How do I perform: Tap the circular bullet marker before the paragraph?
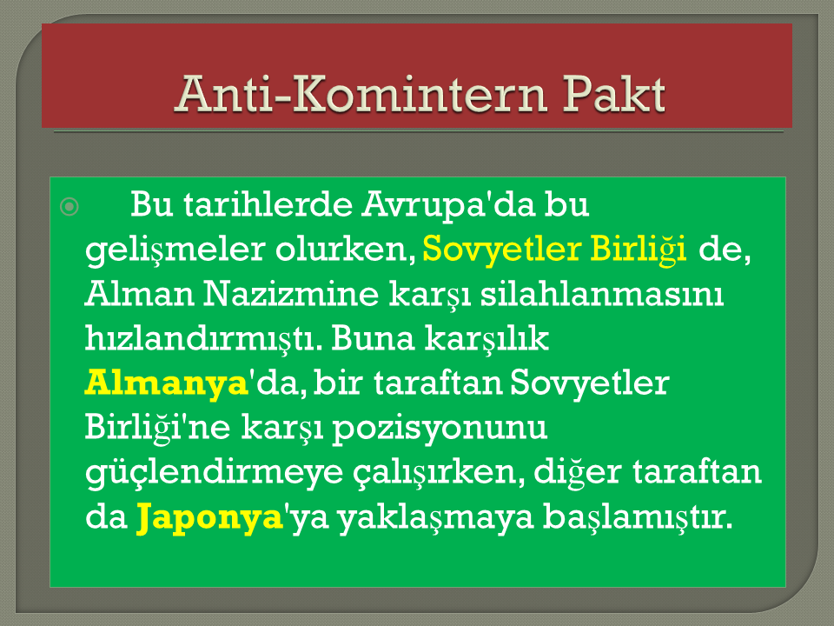[69, 206]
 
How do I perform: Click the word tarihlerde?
[268, 203]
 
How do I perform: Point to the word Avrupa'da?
[448, 205]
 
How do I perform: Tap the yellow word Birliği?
[639, 250]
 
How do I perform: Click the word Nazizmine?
[290, 294]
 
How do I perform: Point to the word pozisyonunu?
[440, 429]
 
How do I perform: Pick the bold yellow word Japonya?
[209, 517]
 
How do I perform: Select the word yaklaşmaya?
[435, 517]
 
